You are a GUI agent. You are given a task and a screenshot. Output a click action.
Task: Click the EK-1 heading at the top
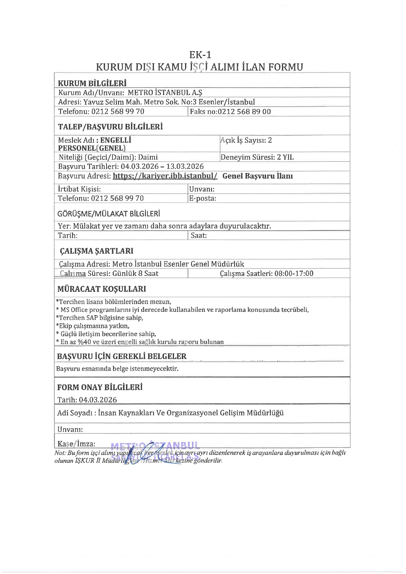[200, 55]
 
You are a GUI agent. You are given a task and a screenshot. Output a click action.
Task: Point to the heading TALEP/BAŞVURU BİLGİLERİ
[110, 127]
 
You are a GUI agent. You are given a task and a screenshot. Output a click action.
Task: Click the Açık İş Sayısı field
[246, 140]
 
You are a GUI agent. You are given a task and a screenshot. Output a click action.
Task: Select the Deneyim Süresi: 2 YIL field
[257, 157]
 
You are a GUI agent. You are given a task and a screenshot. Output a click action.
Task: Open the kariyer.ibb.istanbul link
[165, 176]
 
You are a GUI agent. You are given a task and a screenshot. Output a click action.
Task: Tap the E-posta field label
[202, 199]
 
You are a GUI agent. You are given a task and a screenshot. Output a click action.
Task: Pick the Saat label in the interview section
[199, 236]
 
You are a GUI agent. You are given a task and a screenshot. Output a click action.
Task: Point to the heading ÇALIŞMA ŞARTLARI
[96, 251]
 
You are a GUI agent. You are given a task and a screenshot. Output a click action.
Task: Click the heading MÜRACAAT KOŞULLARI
[102, 289]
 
